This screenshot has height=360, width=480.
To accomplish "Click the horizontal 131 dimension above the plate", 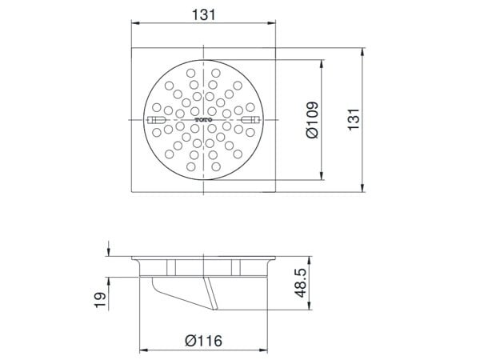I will coord(206,14).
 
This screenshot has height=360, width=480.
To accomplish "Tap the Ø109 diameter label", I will coord(314,120).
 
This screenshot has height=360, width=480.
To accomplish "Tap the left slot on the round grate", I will coord(157,121).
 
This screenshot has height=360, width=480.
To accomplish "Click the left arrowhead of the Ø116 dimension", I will coord(142,350).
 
